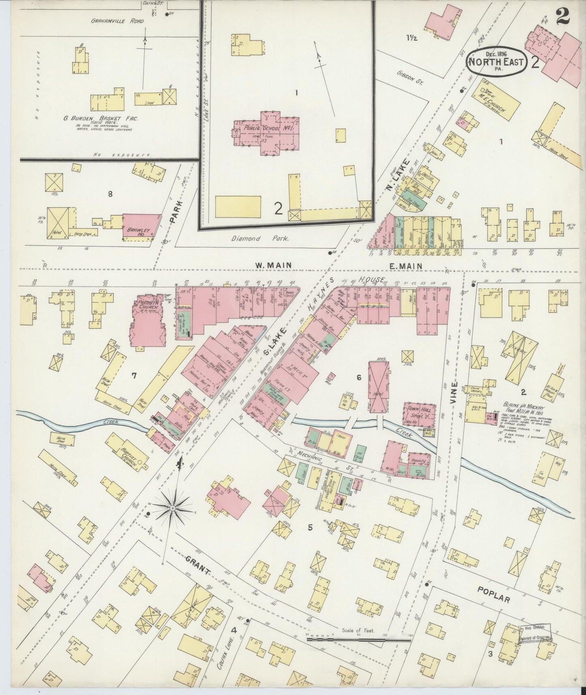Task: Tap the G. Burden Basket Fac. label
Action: [x=101, y=119]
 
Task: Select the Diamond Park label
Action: [x=260, y=239]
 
